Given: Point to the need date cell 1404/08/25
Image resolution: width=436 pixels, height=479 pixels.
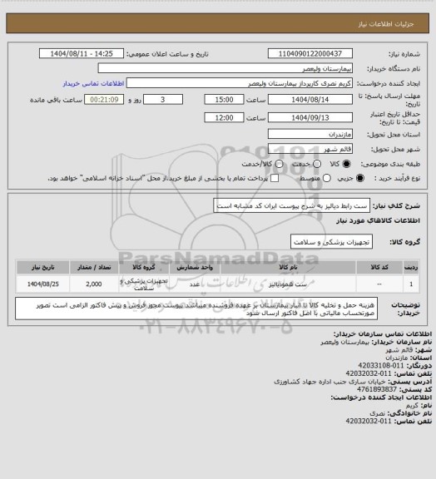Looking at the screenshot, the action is pyautogui.click(x=39, y=284).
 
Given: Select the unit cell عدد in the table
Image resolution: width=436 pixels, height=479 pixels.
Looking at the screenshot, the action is pyautogui.click(x=190, y=284).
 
